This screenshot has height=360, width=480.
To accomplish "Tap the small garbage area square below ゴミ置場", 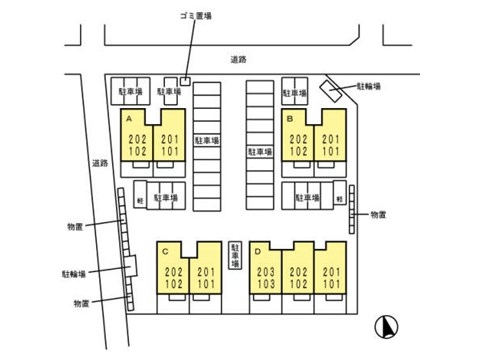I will tap(186, 80).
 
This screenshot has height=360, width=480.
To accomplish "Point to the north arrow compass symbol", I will tap(387, 325).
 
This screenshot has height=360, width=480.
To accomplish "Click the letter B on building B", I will tap(289, 118).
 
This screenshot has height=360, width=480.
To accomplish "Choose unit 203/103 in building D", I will tap(265, 276).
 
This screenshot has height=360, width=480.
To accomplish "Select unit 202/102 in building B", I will tap(298, 145).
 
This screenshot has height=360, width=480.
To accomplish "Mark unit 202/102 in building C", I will tap(173, 276).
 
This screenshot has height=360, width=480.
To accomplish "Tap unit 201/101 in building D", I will tap(329, 276).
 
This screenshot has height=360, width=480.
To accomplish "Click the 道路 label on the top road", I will tap(237, 59).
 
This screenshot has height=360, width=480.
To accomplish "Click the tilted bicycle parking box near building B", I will tap(329, 90).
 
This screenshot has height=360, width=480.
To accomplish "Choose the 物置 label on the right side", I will tap(378, 214).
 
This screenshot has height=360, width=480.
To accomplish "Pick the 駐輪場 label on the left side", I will tap(73, 272).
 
